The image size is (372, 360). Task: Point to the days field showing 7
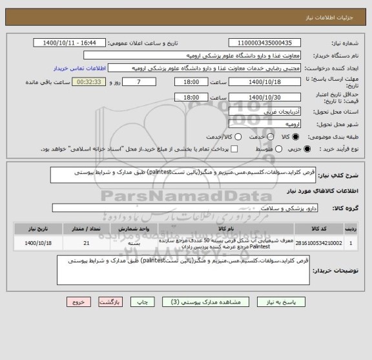(x=143, y=82)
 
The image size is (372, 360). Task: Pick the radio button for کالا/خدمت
(x=238, y=137)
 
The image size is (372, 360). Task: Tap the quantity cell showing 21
(x=87, y=243)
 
